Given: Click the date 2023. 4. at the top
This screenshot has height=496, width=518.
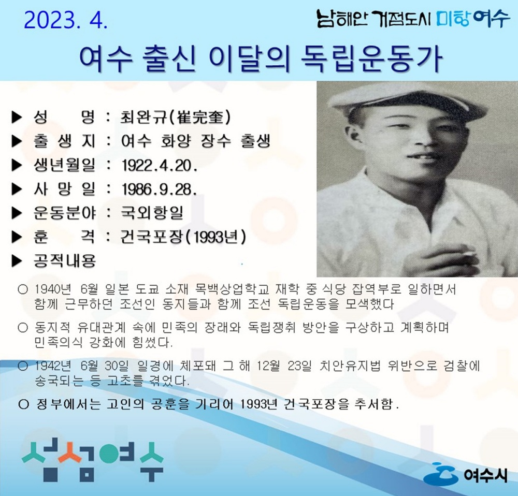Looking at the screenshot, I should click(65, 20).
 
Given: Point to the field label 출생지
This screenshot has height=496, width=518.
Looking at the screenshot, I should click(64, 141).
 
